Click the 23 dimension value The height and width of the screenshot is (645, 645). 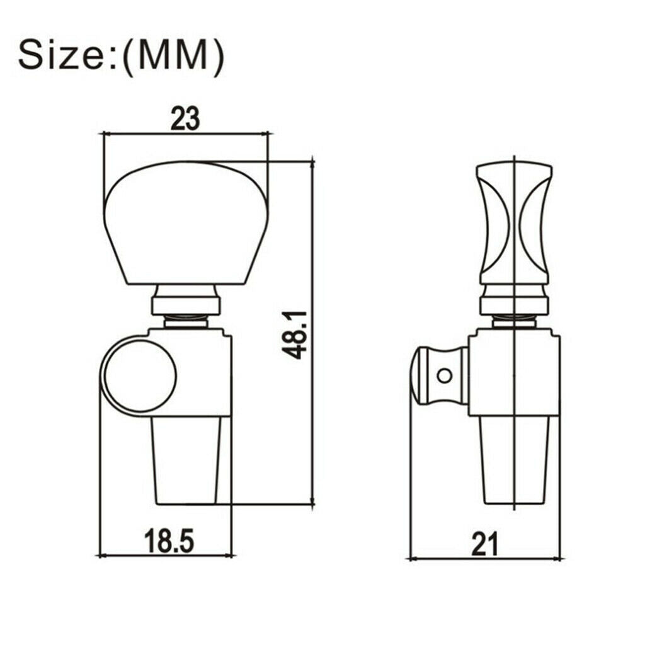[185, 118]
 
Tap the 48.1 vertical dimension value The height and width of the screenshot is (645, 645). [295, 335]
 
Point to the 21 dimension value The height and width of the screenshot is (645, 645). [485, 544]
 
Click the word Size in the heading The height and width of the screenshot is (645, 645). [62, 55]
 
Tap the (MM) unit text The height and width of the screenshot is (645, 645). [174, 57]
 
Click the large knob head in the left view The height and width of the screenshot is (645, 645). [186, 222]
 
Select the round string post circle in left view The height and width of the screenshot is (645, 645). [140, 375]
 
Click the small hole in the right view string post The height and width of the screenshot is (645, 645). [444, 375]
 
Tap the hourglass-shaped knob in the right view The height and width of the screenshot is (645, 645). [515, 224]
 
